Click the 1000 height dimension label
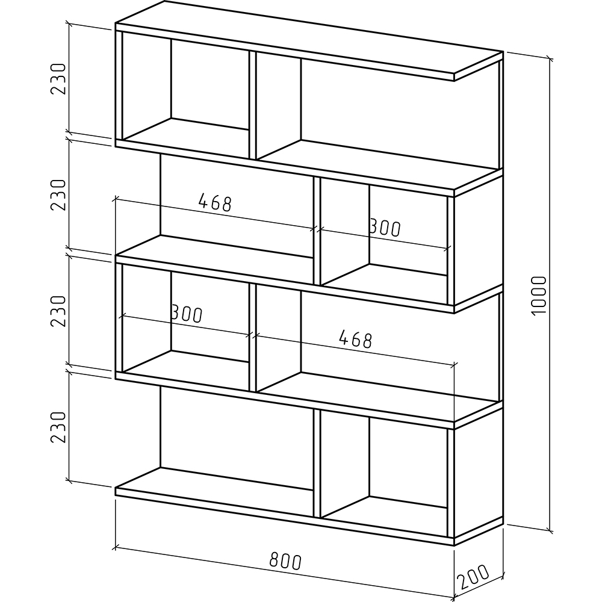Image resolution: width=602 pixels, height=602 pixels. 539,295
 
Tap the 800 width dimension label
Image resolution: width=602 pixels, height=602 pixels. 285,560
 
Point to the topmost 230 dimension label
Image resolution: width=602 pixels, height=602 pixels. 58,79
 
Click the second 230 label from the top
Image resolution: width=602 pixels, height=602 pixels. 58,194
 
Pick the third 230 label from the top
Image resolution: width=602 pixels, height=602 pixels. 58,311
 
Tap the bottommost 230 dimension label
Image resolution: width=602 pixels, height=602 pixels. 58,427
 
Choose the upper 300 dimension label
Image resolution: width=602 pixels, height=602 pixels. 384,228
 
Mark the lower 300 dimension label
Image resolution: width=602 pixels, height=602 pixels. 186,313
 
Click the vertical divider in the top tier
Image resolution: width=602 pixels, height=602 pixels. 253,105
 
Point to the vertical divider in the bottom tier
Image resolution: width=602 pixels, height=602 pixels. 317,462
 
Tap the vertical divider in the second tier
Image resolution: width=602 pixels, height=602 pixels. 317,231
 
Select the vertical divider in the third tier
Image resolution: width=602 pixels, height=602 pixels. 253,337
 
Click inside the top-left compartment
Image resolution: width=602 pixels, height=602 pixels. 185,92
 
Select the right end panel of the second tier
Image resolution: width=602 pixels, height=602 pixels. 479,237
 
